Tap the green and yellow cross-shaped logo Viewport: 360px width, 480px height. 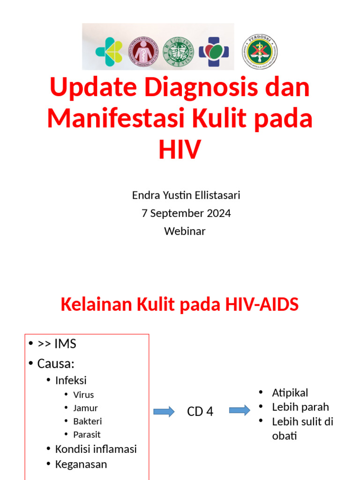pyautogui.click(x=109, y=52)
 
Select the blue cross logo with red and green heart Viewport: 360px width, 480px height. pyautogui.click(x=214, y=52)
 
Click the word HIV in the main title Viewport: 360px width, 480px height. pyautogui.click(x=180, y=149)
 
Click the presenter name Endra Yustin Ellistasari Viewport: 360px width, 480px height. pyautogui.click(x=186, y=195)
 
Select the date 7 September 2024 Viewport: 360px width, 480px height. pyautogui.click(x=186, y=213)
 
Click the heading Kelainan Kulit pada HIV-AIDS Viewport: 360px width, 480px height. pyautogui.click(x=180, y=305)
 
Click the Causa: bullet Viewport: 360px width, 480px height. pyautogui.click(x=56, y=363)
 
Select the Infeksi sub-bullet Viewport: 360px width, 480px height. pyautogui.click(x=71, y=380)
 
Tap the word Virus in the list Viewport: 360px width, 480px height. pyautogui.click(x=83, y=395)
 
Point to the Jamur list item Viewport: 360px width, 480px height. pyautogui.click(x=85, y=408)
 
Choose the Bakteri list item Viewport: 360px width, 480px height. pyautogui.click(x=87, y=421)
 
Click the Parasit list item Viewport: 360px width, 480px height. pyautogui.click(x=87, y=435)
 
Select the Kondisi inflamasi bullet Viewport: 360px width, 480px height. pyautogui.click(x=96, y=449)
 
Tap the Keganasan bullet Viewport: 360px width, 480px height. pyautogui.click(x=81, y=464)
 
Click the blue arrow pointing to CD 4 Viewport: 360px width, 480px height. pyautogui.click(x=164, y=412)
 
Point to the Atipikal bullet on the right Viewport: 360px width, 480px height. pyautogui.click(x=290, y=393)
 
